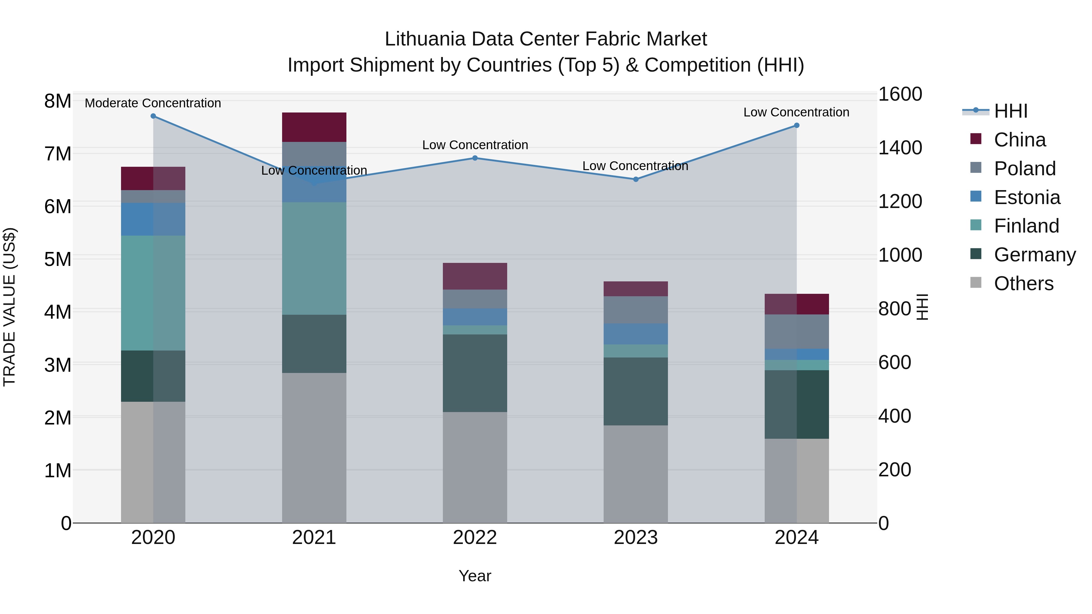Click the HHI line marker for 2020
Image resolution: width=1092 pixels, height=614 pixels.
coord(153,116)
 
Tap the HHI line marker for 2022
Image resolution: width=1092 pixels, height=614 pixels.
coord(475,158)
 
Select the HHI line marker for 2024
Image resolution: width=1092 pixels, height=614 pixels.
coord(797,126)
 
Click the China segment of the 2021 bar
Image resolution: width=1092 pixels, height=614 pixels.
coord(314,127)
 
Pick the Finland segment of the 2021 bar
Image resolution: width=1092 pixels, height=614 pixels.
coord(314,258)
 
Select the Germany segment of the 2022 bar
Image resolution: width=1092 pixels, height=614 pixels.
coord(475,373)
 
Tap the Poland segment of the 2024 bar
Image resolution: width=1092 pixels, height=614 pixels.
coord(797,331)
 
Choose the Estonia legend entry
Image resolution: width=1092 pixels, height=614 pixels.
coord(1027,197)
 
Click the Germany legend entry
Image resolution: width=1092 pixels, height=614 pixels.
coord(1034,255)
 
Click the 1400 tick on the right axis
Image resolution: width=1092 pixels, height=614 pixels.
coord(900,148)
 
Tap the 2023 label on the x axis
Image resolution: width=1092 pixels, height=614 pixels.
coord(635,538)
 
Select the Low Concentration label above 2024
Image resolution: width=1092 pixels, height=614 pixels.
coord(796,112)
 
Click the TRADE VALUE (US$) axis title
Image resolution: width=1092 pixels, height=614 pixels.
coord(9,307)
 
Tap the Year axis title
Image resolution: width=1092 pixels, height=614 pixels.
coord(475,576)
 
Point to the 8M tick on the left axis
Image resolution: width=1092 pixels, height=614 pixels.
coord(58,101)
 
